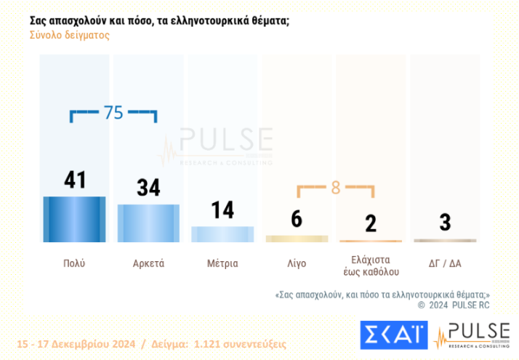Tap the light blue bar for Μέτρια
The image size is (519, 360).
[x=222, y=234]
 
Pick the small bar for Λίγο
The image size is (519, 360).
[x=297, y=239]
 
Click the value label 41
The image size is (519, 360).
[x=75, y=180]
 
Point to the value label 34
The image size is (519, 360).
[x=148, y=188]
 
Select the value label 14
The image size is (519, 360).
[x=222, y=210]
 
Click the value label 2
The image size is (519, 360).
[x=371, y=224]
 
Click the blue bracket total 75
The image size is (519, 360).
[x=113, y=113]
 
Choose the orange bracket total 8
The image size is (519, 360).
[x=335, y=187]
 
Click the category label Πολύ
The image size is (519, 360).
[x=74, y=263]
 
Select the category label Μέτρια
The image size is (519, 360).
[x=222, y=263]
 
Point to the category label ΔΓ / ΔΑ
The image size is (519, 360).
[x=445, y=263]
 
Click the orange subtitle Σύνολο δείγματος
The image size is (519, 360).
[x=70, y=35]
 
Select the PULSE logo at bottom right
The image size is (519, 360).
[x=472, y=335]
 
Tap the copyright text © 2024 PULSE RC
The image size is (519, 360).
[x=456, y=305]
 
